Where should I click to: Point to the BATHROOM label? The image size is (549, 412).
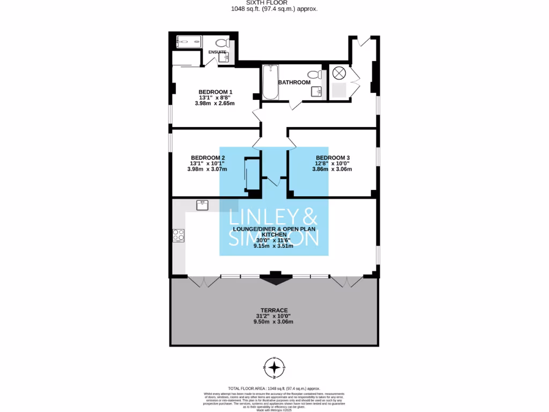[x=297, y=82]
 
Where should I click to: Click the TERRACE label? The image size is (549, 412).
[x=274, y=310]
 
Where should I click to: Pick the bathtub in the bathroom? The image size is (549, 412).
[x=270, y=83]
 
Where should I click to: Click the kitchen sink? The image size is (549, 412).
[x=202, y=205]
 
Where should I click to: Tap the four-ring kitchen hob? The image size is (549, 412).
[x=178, y=235]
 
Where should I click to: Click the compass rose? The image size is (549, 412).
[x=274, y=367]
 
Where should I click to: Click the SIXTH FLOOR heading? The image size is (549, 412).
[x=274, y=3]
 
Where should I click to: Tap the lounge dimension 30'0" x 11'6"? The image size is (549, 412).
[x=274, y=240]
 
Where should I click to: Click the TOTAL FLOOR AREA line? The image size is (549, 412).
[x=274, y=388]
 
